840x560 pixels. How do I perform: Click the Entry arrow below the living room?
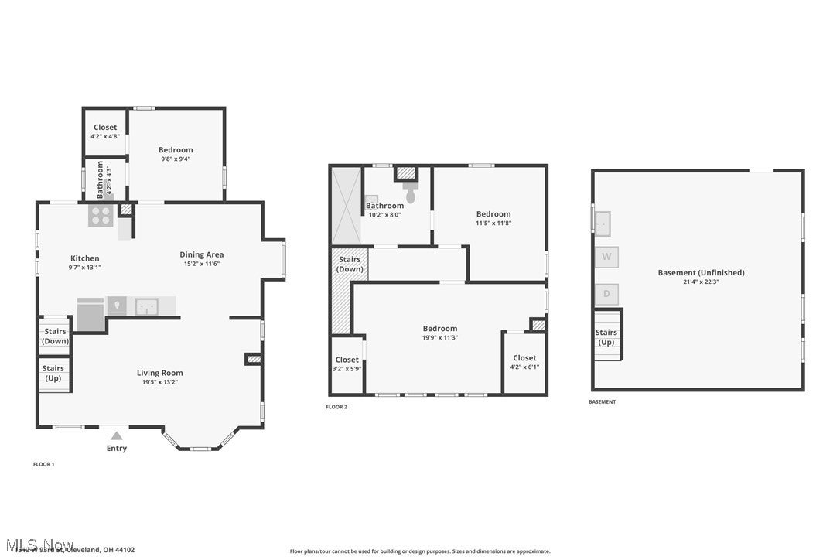(116, 435)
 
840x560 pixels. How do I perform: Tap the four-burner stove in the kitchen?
(101, 214)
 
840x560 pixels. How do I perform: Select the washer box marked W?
(606, 256)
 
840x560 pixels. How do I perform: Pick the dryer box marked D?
(606, 294)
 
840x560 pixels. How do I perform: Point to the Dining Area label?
(201, 254)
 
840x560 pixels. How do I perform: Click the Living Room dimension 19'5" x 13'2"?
(160, 382)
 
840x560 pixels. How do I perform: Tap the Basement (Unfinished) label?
(701, 272)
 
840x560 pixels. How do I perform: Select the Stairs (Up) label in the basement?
(606, 337)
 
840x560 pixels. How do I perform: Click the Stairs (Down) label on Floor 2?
(350, 265)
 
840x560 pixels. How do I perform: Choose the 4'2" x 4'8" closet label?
(105, 136)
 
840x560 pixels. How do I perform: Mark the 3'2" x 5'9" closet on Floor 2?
(347, 368)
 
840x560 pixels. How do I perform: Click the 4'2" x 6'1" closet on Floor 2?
(524, 367)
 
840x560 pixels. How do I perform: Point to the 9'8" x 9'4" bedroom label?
(176, 159)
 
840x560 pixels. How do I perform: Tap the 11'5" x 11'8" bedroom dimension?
(493, 223)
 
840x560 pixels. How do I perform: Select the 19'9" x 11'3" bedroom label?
(440, 329)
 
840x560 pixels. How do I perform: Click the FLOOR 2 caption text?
(336, 407)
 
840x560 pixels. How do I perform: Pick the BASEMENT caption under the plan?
(603, 402)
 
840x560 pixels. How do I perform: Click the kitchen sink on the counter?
(147, 306)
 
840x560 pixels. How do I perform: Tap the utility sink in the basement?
(603, 223)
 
